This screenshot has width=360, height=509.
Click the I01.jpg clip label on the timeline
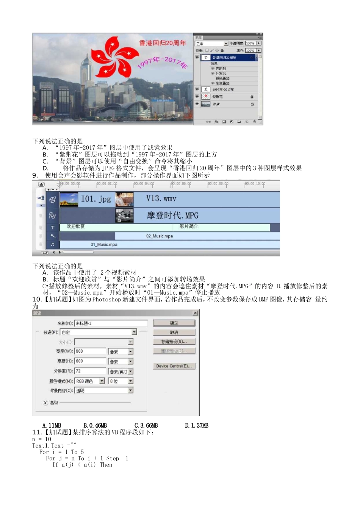click(x=96, y=199)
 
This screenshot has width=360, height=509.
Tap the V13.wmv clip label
click(x=161, y=199)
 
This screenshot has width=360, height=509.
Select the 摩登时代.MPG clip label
click(x=172, y=215)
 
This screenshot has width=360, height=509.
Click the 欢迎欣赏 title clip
click(x=76, y=226)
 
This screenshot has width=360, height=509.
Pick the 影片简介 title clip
click(x=189, y=226)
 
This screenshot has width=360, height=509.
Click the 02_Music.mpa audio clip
click(x=160, y=236)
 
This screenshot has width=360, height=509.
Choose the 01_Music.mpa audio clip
click(x=104, y=245)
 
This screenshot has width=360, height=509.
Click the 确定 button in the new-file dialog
click(x=174, y=323)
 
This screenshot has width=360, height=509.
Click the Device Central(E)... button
click(x=174, y=366)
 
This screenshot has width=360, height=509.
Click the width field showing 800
click(x=90, y=351)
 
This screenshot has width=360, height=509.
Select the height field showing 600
click(x=90, y=361)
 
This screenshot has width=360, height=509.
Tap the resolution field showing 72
click(x=90, y=371)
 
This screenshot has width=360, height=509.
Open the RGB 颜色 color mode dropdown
click(x=102, y=381)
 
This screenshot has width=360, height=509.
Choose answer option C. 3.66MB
click(x=146, y=426)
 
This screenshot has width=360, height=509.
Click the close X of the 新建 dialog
click(x=195, y=313)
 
